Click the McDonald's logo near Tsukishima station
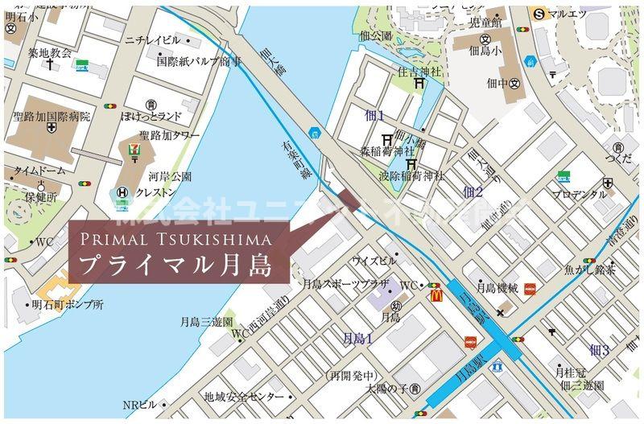click(436, 295)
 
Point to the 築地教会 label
click(50, 52)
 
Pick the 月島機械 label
click(496, 287)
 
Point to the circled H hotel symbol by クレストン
click(122, 192)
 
